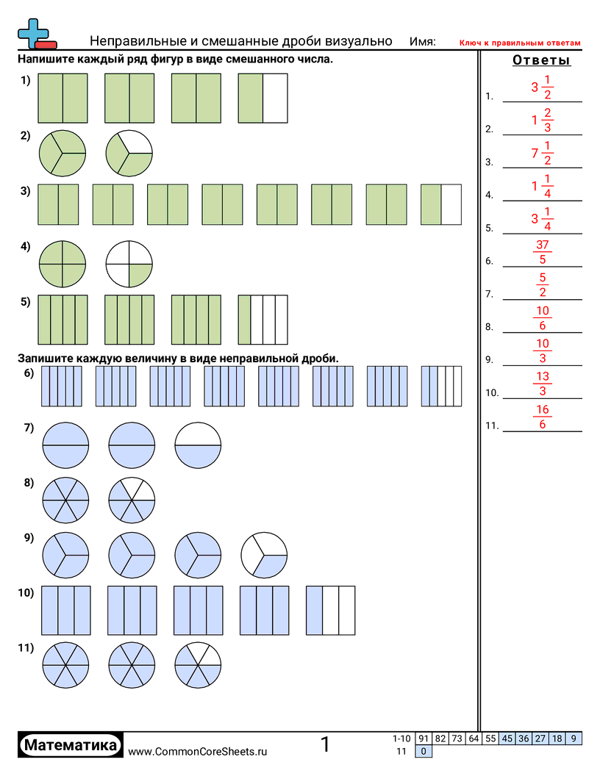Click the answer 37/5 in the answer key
tap(542, 252)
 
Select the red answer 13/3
tap(543, 384)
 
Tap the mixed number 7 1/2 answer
tap(541, 153)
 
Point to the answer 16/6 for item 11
tap(543, 417)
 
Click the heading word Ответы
tap(542, 60)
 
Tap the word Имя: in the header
tap(422, 42)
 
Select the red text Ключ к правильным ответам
tap(520, 43)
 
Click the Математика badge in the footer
tap(71, 745)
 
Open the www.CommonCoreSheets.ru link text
tap(197, 751)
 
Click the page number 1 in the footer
tap(325, 745)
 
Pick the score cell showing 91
tap(424, 739)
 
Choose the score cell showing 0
tap(424, 751)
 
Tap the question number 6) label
tap(29, 373)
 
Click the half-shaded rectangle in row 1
tap(262, 98)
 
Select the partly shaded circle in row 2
tap(129, 154)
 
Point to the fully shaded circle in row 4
tap(62, 264)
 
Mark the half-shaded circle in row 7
tap(198, 445)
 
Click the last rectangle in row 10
tap(330, 610)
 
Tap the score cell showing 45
tap(507, 739)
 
